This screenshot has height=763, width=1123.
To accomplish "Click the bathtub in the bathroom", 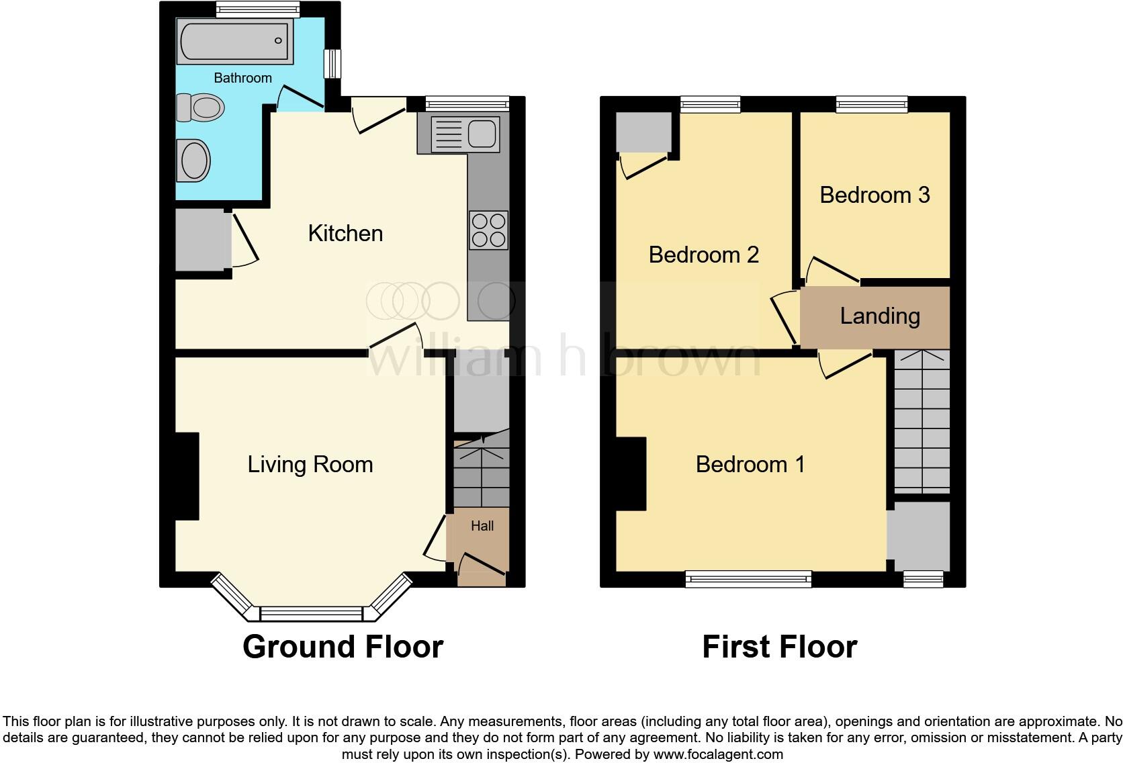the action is (x=234, y=41).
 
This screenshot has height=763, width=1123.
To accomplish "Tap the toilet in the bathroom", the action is (x=200, y=107).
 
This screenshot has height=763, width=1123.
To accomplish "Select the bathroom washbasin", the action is (x=193, y=161).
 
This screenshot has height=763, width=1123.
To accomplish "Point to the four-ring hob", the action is (x=489, y=230).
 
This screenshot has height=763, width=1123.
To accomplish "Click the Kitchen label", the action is (x=345, y=234).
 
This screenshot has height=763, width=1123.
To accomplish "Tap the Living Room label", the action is (x=310, y=465).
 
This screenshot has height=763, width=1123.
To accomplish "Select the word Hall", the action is (x=482, y=526).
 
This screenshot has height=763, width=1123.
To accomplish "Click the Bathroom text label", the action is (x=242, y=78).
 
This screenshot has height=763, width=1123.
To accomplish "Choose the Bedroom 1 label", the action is (x=750, y=464).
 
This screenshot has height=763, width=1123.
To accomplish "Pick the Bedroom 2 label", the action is (x=704, y=255).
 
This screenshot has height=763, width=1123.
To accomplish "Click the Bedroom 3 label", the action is (x=875, y=195).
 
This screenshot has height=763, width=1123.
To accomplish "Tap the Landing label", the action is (x=880, y=316).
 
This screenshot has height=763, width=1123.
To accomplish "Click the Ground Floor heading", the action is (x=343, y=647).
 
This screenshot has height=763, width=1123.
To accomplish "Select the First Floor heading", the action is (x=780, y=647).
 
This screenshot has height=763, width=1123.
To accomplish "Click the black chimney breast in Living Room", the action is (x=187, y=476).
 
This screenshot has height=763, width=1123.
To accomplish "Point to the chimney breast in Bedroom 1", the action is (x=631, y=474).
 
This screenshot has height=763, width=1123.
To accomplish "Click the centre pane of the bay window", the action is (x=312, y=614).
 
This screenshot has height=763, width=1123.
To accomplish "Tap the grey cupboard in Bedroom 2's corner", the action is (x=643, y=132).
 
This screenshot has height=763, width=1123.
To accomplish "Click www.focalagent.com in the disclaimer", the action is (x=718, y=754).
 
